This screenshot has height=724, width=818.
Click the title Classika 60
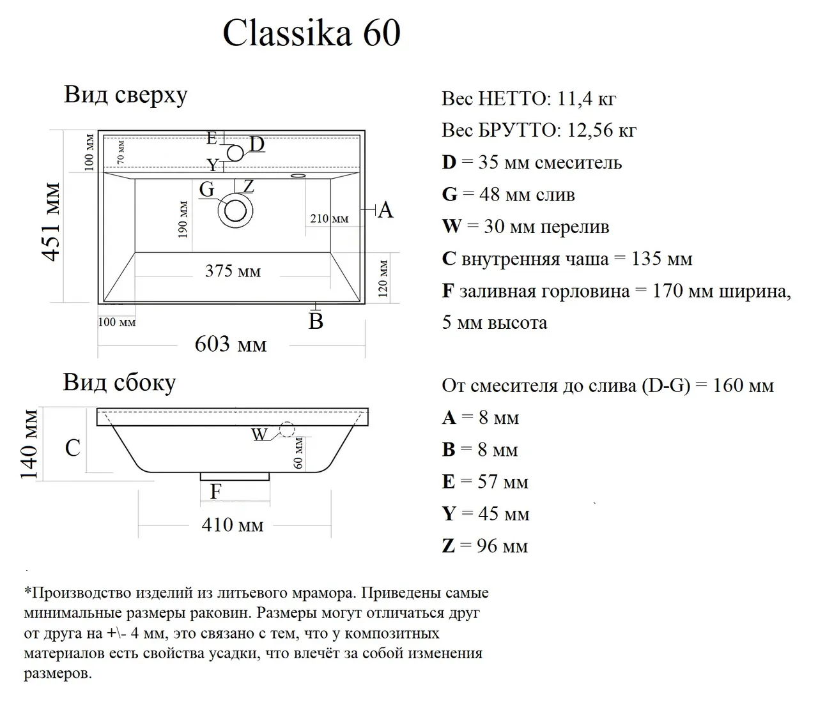[x=311, y=33]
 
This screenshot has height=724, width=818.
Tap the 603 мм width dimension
[x=231, y=345]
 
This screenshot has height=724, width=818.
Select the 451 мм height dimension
[x=51, y=222]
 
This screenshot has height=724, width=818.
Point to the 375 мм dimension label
[x=233, y=271]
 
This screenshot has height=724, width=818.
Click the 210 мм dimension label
[x=329, y=218]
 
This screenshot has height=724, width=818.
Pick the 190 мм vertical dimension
[x=183, y=220]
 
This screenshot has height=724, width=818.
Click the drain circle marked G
[x=235, y=210]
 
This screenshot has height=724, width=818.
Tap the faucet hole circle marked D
[x=235, y=153]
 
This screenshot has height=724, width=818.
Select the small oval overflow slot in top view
[x=298, y=175]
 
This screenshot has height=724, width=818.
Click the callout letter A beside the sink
[x=385, y=209]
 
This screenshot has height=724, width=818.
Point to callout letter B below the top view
[x=316, y=321]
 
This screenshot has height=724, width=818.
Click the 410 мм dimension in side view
[x=233, y=525]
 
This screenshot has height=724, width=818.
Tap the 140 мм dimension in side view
[x=30, y=444]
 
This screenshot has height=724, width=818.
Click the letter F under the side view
[x=216, y=492]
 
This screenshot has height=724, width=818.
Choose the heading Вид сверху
[x=126, y=94]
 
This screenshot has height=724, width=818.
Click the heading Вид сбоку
[x=119, y=382]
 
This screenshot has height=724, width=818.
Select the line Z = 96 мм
[x=485, y=546]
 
